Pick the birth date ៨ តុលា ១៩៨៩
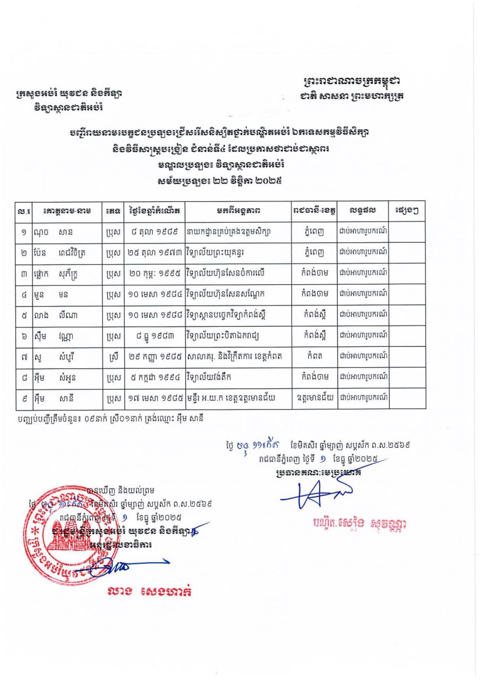click(154, 231)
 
